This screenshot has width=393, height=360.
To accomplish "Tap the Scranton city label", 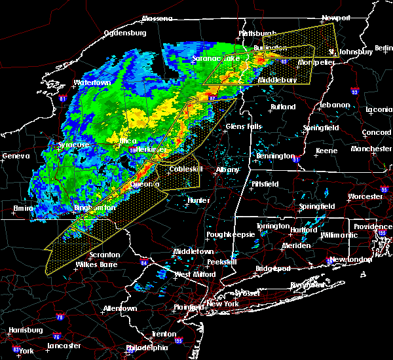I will pos(105,255).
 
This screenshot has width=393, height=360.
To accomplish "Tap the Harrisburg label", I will pos(26,330).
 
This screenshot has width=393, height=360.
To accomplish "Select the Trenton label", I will pos(163,334).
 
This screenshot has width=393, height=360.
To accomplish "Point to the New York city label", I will pos(223,304).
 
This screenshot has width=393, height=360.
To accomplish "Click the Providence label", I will pos(373,226).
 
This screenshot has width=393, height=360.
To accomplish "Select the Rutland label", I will pos(283,106).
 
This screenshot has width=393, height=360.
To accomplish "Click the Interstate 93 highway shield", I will pos(354,92).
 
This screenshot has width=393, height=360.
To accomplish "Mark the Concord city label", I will pos(377,133).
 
